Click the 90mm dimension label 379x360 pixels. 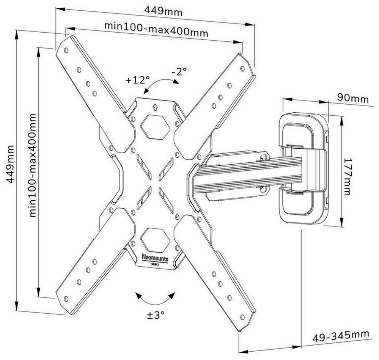[352, 99]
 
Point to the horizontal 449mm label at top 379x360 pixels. [164, 11]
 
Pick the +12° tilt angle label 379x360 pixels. [138, 80]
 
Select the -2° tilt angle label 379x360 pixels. [179, 71]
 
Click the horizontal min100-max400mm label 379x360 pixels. [156, 28]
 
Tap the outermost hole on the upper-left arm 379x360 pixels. [66, 50]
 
